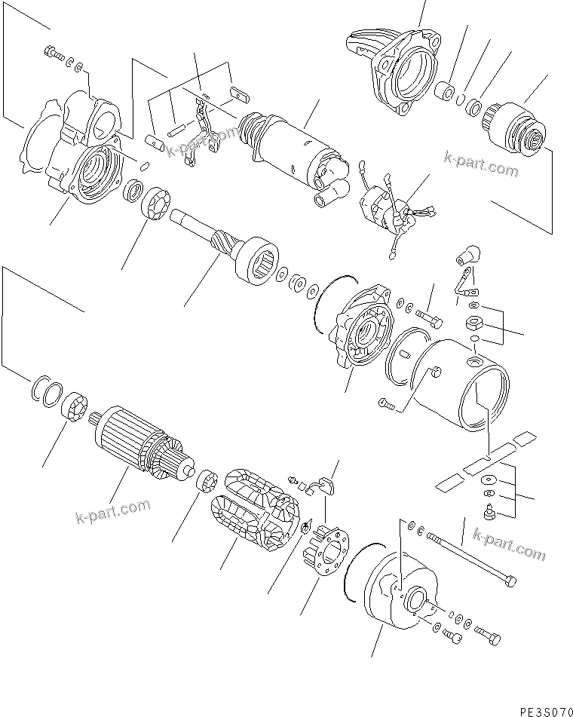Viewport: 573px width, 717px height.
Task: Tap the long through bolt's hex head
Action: click(511, 581)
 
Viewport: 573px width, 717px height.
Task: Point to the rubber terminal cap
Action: click(470, 250)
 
